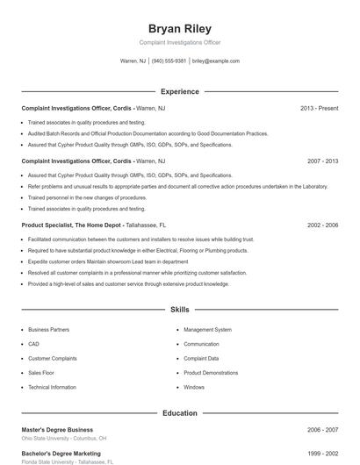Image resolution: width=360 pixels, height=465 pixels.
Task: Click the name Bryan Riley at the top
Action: [180, 28]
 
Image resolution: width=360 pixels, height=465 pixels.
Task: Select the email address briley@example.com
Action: [215, 61]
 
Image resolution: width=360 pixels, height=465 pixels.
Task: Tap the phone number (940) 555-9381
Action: [169, 61]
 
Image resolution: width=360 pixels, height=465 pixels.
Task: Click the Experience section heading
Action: [180, 91]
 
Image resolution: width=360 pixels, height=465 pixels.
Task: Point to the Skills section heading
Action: [180, 310]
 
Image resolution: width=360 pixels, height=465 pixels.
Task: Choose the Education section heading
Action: [180, 413]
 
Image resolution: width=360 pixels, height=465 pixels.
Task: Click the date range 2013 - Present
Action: [319, 108]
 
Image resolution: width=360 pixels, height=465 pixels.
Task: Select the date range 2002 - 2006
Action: [322, 225]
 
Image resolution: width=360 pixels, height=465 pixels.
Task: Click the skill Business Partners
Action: [48, 330]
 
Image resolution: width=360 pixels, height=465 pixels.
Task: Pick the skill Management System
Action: [207, 330]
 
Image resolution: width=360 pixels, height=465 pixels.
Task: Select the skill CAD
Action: [33, 344]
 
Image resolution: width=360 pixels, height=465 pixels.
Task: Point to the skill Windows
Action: [194, 387]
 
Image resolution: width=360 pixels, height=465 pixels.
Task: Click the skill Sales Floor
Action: [41, 373]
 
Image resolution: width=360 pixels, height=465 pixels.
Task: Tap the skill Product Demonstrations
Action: [211, 373]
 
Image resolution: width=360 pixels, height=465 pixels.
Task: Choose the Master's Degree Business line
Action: [57, 430]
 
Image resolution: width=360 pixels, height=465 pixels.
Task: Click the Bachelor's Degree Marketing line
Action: [61, 454]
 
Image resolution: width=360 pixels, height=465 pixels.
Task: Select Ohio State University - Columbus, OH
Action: [64, 438]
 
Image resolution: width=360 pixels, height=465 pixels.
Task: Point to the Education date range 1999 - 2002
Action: [322, 454]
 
